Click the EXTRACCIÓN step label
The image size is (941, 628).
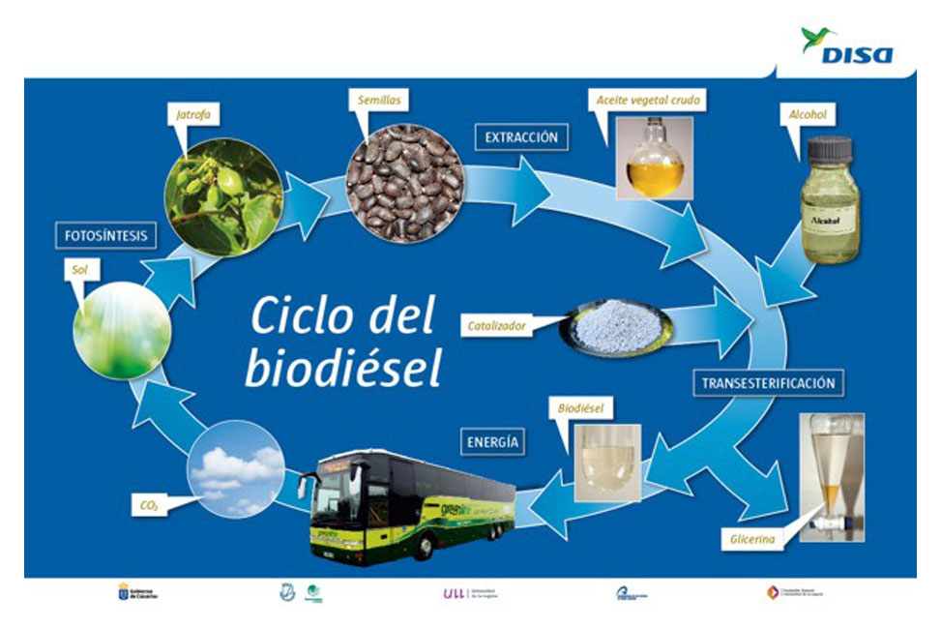tap(521, 137)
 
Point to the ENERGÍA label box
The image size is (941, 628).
tap(493, 443)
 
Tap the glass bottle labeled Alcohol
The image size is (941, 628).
tap(829, 201)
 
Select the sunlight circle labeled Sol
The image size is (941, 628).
tap(122, 329)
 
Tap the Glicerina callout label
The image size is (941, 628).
tap(747, 542)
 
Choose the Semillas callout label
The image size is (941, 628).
tap(377, 99)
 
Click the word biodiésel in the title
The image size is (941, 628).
tap(342, 367)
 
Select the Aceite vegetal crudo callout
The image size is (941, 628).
tap(646, 101)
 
